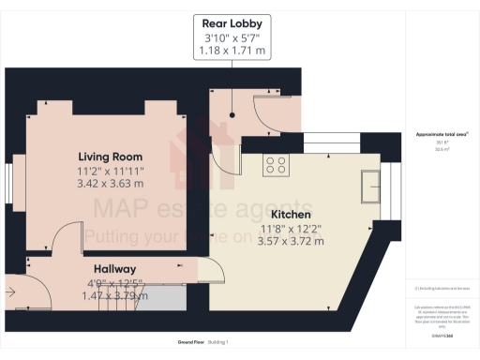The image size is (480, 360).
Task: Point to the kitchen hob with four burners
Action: pos(276,166)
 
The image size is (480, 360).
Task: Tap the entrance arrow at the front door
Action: pos(10,292)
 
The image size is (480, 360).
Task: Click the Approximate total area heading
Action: pos(442,135)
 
